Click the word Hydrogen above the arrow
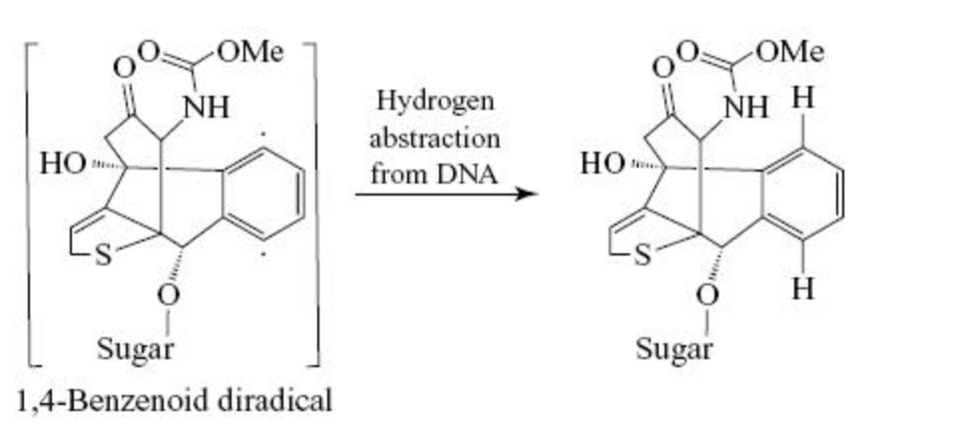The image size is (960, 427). click(434, 101)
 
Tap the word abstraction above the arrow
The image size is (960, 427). click(434, 138)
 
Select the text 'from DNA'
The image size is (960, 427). click(434, 175)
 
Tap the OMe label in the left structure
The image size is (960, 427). click(250, 53)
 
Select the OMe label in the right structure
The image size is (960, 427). click(789, 53)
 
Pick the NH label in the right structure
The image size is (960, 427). click(745, 109)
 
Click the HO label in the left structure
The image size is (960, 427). click(63, 164)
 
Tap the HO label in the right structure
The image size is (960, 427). click(603, 164)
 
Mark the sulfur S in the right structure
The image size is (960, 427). click(644, 255)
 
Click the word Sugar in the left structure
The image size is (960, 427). click(136, 350)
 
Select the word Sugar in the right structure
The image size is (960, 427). click(675, 350)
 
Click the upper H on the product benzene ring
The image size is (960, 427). click(803, 99)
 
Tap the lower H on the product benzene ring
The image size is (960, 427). click(803, 288)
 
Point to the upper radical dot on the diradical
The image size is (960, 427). click(263, 133)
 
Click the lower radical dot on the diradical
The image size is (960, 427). click(263, 256)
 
